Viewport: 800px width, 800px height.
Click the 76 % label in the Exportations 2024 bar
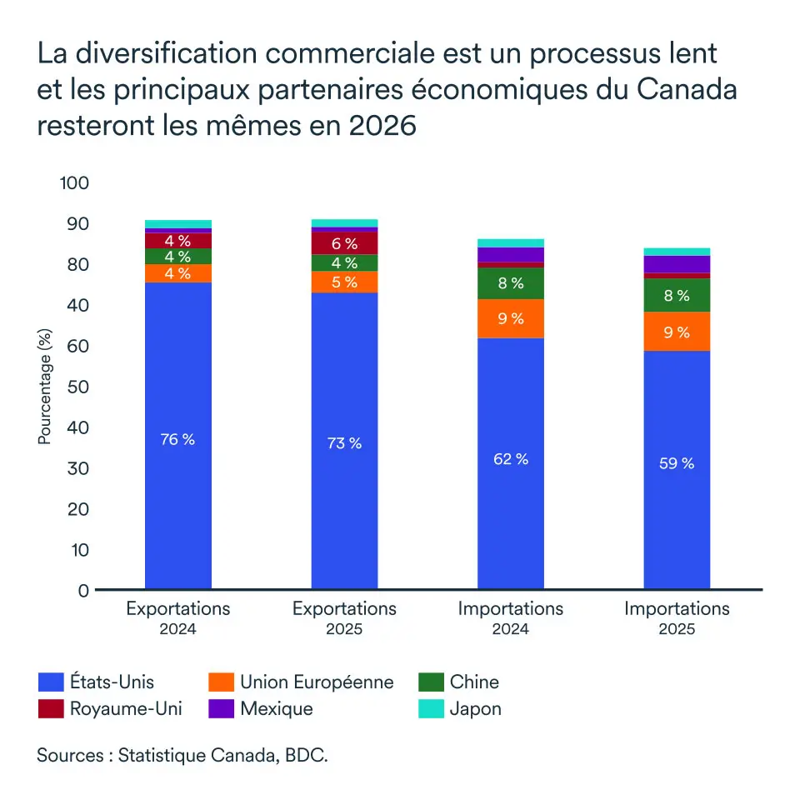177,439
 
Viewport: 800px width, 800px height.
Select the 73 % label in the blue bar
344,443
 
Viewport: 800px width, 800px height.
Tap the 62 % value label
511,459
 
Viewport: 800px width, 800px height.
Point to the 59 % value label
677,463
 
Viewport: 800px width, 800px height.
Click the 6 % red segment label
344,244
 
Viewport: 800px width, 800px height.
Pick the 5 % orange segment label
344,282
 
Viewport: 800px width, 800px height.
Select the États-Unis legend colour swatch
51,682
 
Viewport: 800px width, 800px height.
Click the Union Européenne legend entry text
317,682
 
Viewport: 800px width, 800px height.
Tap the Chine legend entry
474,682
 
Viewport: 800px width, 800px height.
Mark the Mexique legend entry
276,709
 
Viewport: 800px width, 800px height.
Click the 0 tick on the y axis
82,591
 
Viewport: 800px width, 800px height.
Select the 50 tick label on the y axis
76,387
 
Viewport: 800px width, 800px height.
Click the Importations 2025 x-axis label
677,617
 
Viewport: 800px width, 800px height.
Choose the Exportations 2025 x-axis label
344,617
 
